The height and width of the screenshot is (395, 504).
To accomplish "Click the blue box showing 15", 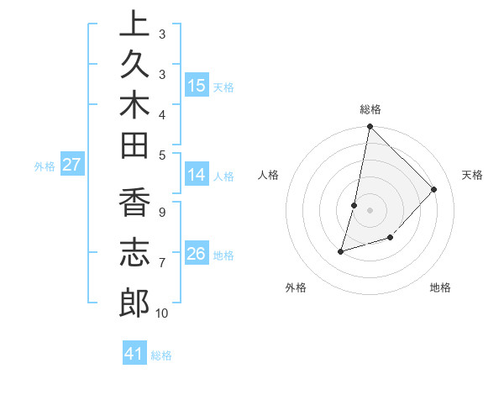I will point(197,86).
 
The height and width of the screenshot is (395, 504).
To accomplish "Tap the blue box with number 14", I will point(197,175).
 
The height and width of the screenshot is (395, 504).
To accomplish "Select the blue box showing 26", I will point(197,254).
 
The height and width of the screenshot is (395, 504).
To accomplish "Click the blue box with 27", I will point(71,165).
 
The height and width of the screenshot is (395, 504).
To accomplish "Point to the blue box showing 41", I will point(134,354).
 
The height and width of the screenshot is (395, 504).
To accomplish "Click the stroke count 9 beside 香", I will point(161,213).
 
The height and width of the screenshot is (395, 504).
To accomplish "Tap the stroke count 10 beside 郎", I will point(161,313).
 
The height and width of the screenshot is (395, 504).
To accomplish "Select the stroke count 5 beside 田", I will point(161,155).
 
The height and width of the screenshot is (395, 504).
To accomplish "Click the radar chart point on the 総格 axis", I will point(370,127).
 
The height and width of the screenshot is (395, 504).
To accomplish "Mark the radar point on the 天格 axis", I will point(434,189).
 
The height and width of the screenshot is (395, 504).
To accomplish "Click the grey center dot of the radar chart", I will point(370,210).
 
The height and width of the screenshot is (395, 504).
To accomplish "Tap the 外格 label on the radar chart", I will point(296,287).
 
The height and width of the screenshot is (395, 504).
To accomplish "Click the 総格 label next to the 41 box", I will point(161,355).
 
